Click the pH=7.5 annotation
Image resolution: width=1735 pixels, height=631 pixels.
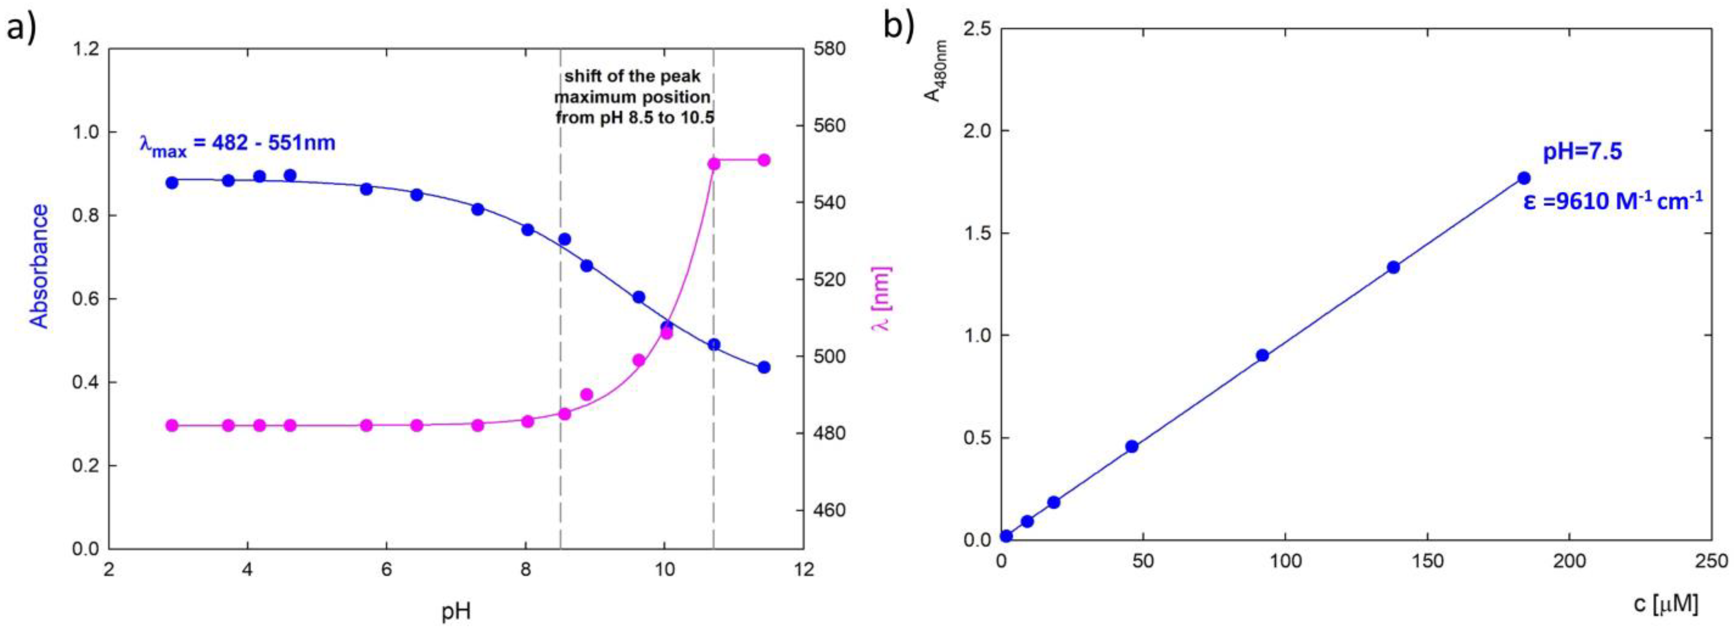pyautogui.click(x=1582, y=152)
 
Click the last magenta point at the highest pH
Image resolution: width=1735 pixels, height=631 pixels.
pyautogui.click(x=764, y=160)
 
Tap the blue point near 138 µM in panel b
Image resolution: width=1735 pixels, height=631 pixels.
pyautogui.click(x=1393, y=267)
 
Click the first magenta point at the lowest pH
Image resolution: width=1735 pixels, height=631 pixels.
pyautogui.click(x=172, y=426)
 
